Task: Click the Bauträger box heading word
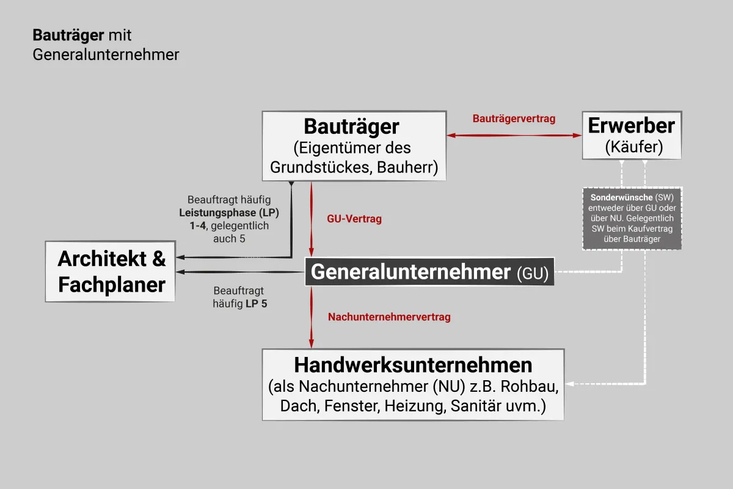point(351,127)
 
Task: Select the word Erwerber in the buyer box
point(631,125)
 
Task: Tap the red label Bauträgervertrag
point(514,119)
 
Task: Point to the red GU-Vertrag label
point(354,219)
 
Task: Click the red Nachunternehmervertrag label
point(389,317)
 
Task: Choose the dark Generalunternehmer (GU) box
point(429,271)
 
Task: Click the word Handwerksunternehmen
point(413,365)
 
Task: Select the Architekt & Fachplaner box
point(111,271)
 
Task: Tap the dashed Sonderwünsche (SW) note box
point(632,218)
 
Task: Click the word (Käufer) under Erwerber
point(634,147)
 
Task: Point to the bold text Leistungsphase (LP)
point(228,213)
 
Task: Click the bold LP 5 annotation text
point(256,304)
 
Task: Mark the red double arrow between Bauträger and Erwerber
point(514,135)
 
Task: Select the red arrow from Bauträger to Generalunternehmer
point(311,219)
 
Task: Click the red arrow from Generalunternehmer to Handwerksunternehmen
point(311,317)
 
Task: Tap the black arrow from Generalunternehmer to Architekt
point(241,272)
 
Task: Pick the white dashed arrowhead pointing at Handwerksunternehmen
point(569,384)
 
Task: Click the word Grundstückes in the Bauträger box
point(320,167)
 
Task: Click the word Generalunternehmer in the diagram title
point(106,54)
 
